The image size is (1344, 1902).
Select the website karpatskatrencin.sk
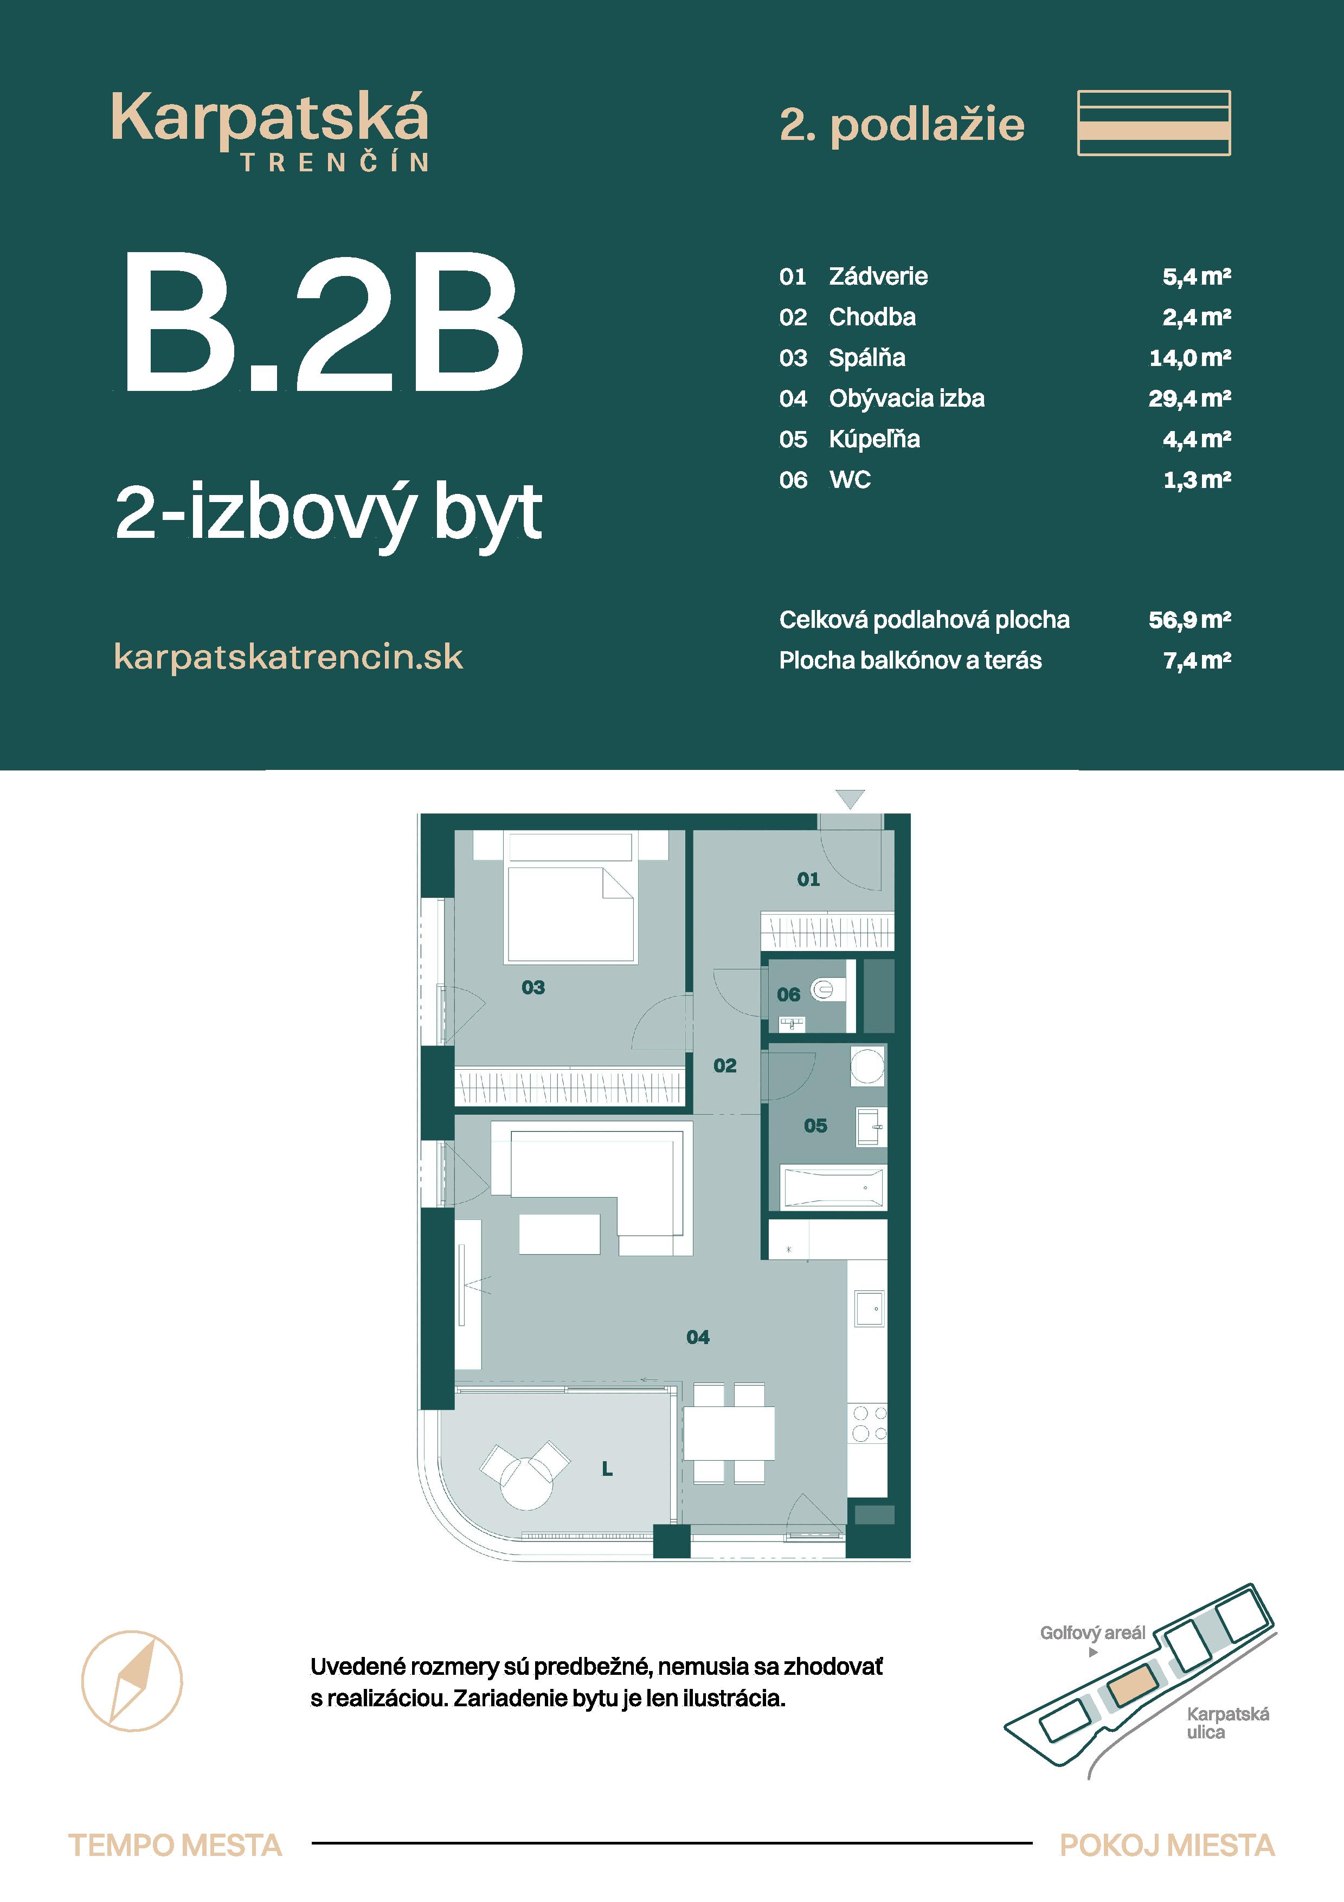288,657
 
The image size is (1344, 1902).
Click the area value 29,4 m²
1189,399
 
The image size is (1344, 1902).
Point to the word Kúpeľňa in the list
874,439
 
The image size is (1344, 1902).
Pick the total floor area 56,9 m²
1189,620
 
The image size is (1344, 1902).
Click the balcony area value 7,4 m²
1197,660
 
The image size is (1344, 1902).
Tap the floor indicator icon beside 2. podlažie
1154,123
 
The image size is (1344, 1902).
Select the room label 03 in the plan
533,987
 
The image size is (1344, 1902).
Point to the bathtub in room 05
833,1187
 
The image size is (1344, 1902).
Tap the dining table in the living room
729,1432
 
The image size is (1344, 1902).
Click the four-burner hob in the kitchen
869,1423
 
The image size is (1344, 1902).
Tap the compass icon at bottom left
132,1681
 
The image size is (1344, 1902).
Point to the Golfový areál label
1092,1633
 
